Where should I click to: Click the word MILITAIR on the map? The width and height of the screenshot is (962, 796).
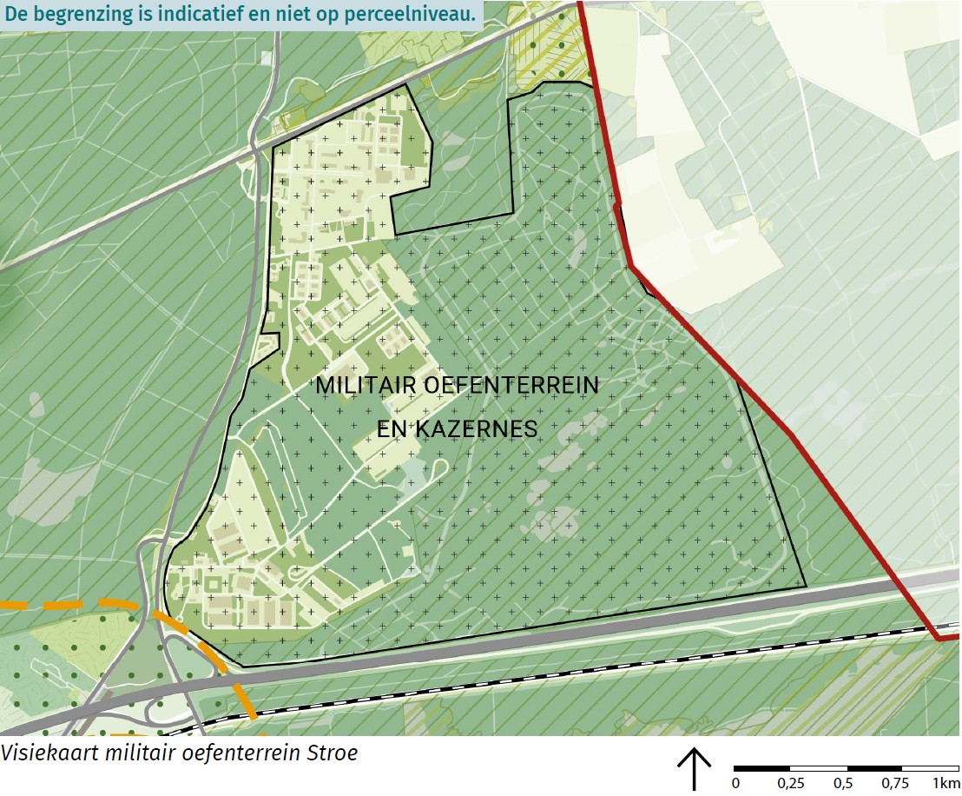coord(365,385)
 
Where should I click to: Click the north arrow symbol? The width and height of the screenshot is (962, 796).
coord(694,769)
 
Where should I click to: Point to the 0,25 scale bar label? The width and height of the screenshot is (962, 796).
coord(791,784)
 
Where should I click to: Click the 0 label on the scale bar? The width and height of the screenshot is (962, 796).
coord(735,784)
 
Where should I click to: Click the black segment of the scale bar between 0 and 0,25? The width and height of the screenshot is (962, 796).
coord(762,769)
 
